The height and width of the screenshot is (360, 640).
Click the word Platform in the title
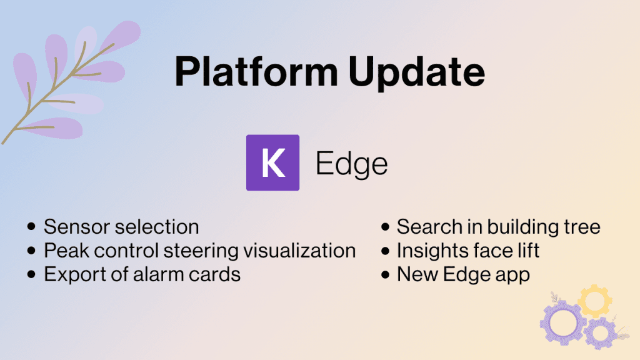(256, 71)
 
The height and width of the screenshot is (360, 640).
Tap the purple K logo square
(272, 162)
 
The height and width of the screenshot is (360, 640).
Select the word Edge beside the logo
(352, 164)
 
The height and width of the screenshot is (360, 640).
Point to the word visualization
(299, 251)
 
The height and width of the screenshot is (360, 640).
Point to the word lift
(528, 250)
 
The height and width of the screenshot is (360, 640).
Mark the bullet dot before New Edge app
(385, 274)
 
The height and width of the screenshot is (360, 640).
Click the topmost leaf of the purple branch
(121, 34)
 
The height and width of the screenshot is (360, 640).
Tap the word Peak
(66, 251)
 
